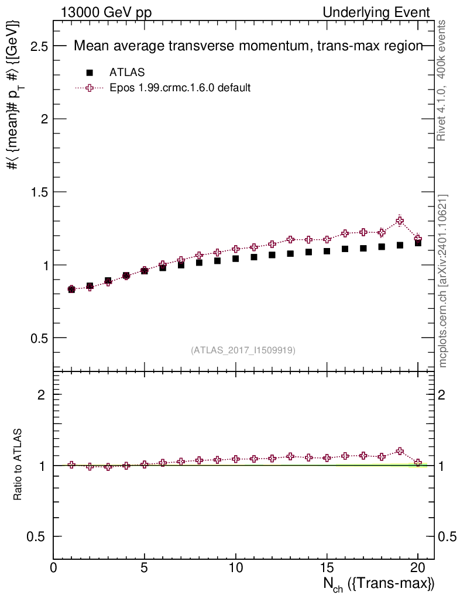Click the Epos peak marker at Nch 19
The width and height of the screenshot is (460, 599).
(x=400, y=221)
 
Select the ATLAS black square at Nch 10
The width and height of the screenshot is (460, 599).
(x=236, y=259)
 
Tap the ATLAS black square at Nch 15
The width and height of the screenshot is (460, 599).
(x=327, y=252)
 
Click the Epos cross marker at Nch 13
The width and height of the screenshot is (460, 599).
(x=290, y=240)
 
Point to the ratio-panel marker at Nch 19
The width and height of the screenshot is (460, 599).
(x=400, y=451)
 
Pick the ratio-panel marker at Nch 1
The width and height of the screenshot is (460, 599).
(x=71, y=464)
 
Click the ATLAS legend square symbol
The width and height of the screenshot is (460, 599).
(x=90, y=73)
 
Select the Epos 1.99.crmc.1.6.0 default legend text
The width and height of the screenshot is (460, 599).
(x=180, y=88)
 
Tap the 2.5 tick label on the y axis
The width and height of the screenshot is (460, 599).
(x=37, y=46)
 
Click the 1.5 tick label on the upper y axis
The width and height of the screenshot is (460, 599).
(x=37, y=192)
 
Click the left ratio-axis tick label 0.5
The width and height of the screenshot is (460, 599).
(x=37, y=537)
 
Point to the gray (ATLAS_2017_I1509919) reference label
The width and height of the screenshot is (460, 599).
(x=243, y=350)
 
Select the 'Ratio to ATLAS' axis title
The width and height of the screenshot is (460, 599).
(x=18, y=464)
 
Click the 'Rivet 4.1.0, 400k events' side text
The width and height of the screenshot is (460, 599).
(x=442, y=80)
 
